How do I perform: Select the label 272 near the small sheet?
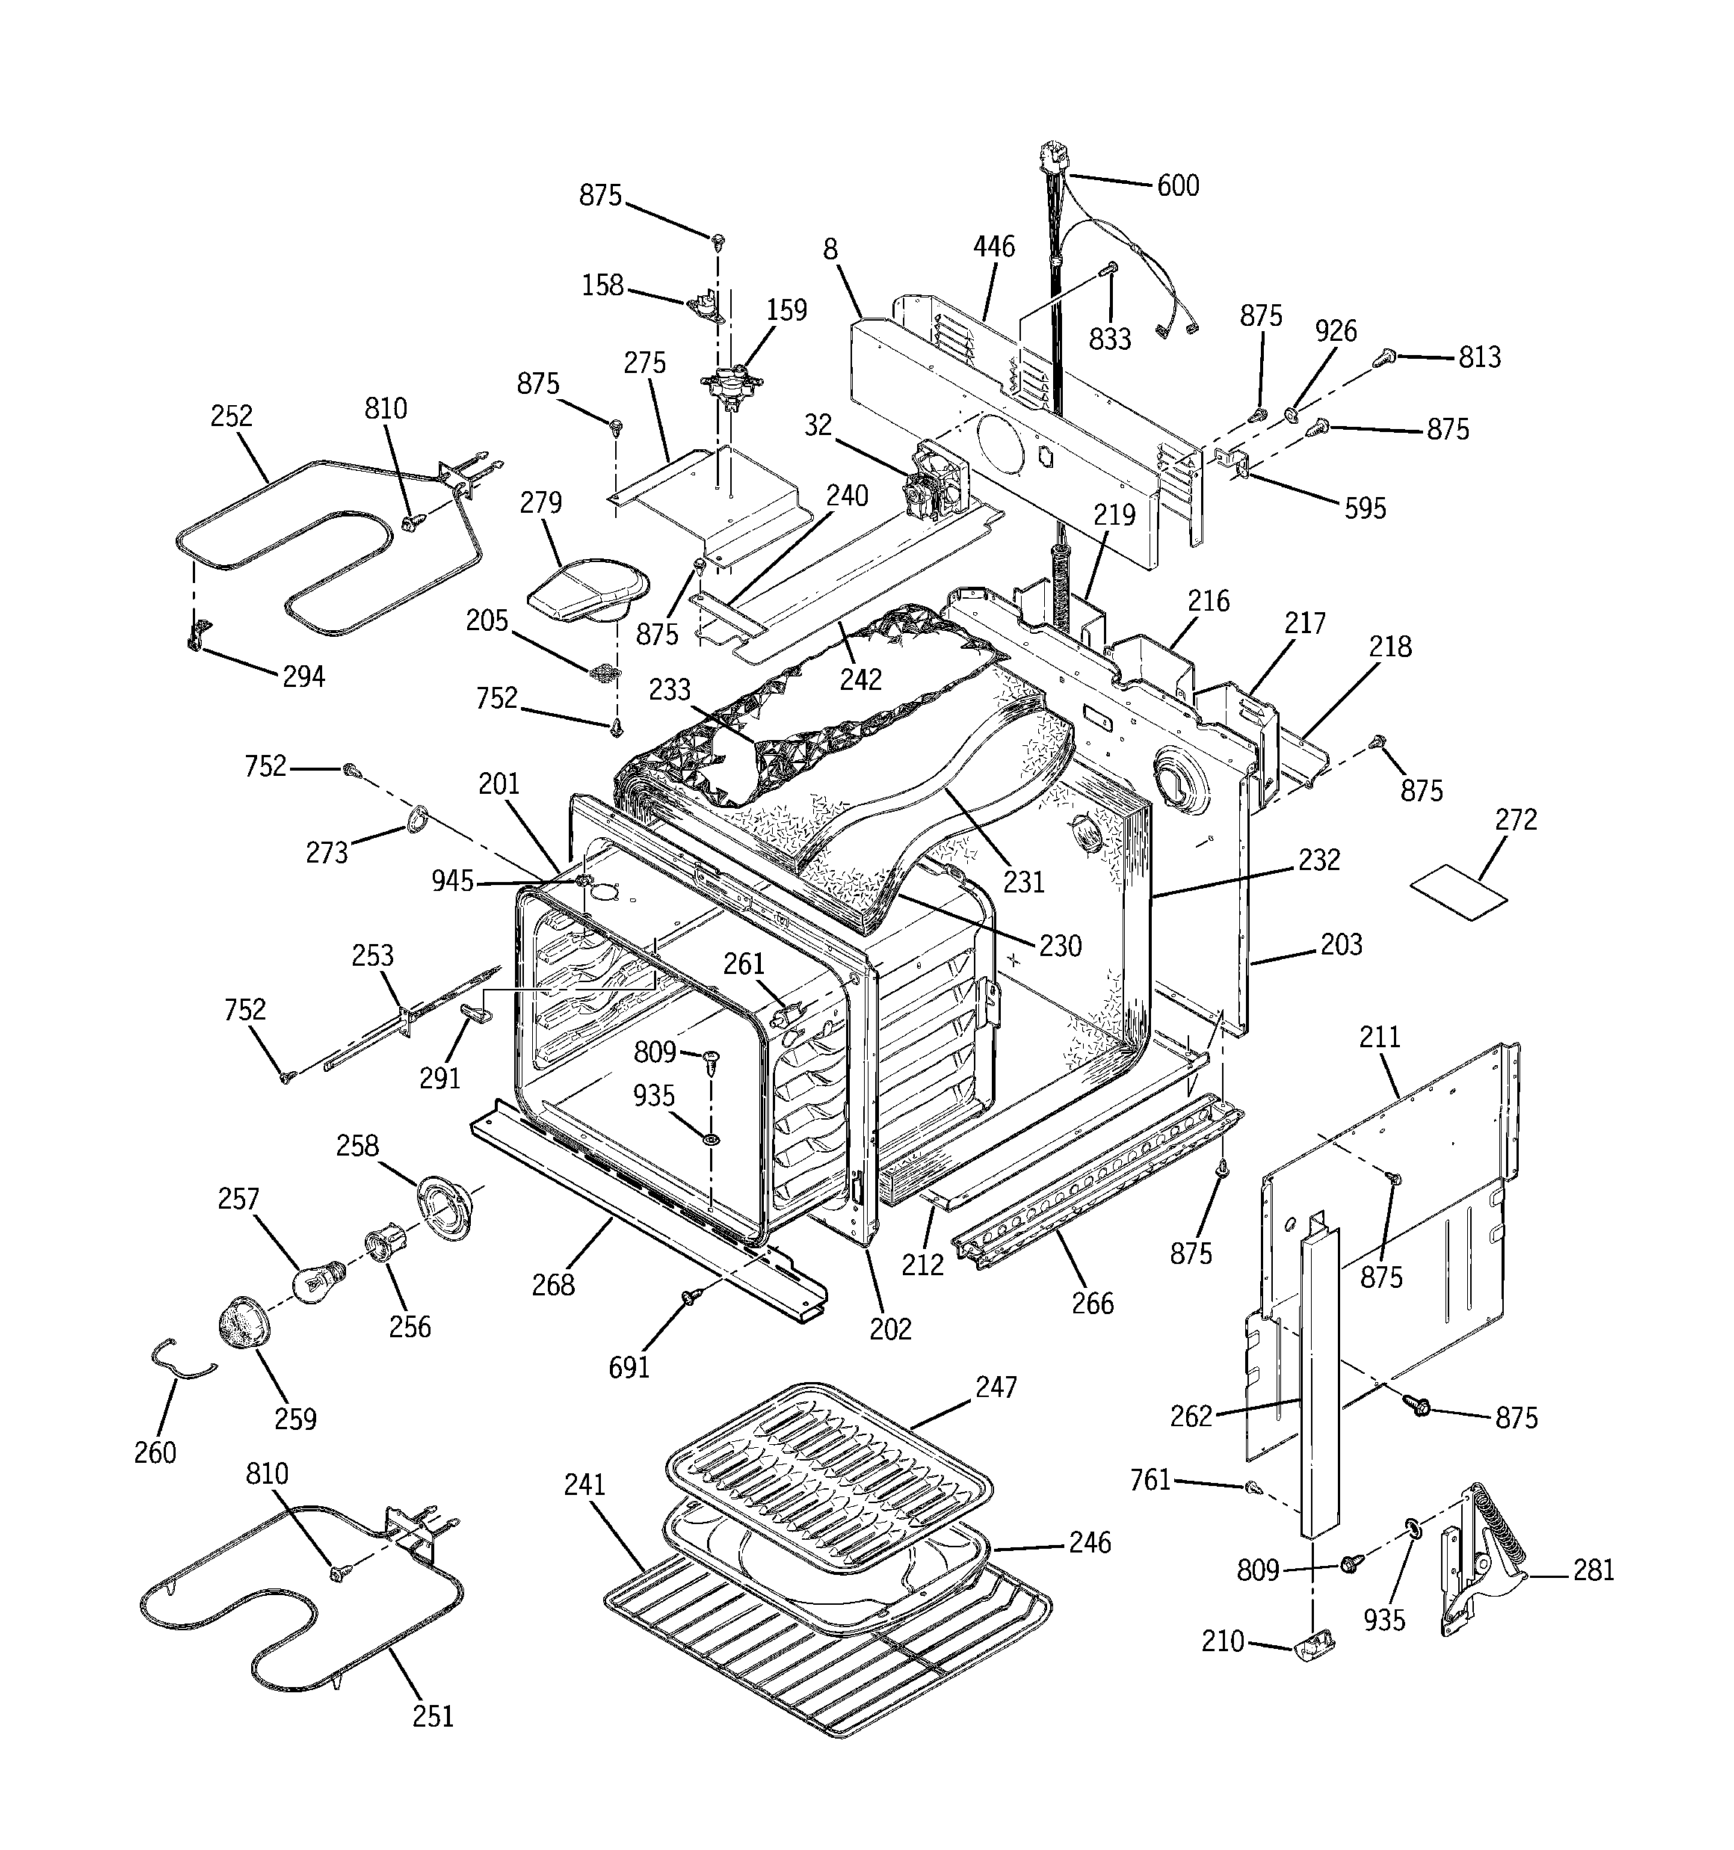tap(1517, 820)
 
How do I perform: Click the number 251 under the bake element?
tap(433, 1715)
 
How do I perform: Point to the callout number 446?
tap(994, 247)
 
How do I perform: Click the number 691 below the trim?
tap(629, 1367)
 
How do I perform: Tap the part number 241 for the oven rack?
tap(584, 1484)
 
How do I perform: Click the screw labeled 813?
tap(1386, 354)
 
